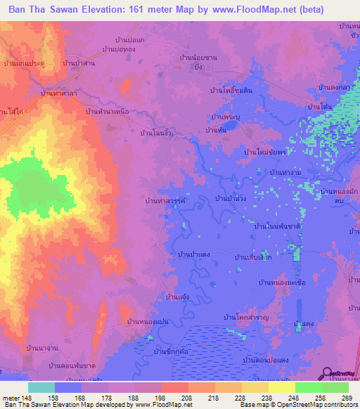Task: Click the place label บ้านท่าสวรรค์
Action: click(x=165, y=201)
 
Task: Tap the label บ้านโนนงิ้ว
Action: click(x=156, y=132)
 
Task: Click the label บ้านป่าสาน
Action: click(x=79, y=63)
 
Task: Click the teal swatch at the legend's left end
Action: click(x=41, y=387)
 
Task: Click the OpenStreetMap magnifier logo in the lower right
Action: click(x=328, y=373)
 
